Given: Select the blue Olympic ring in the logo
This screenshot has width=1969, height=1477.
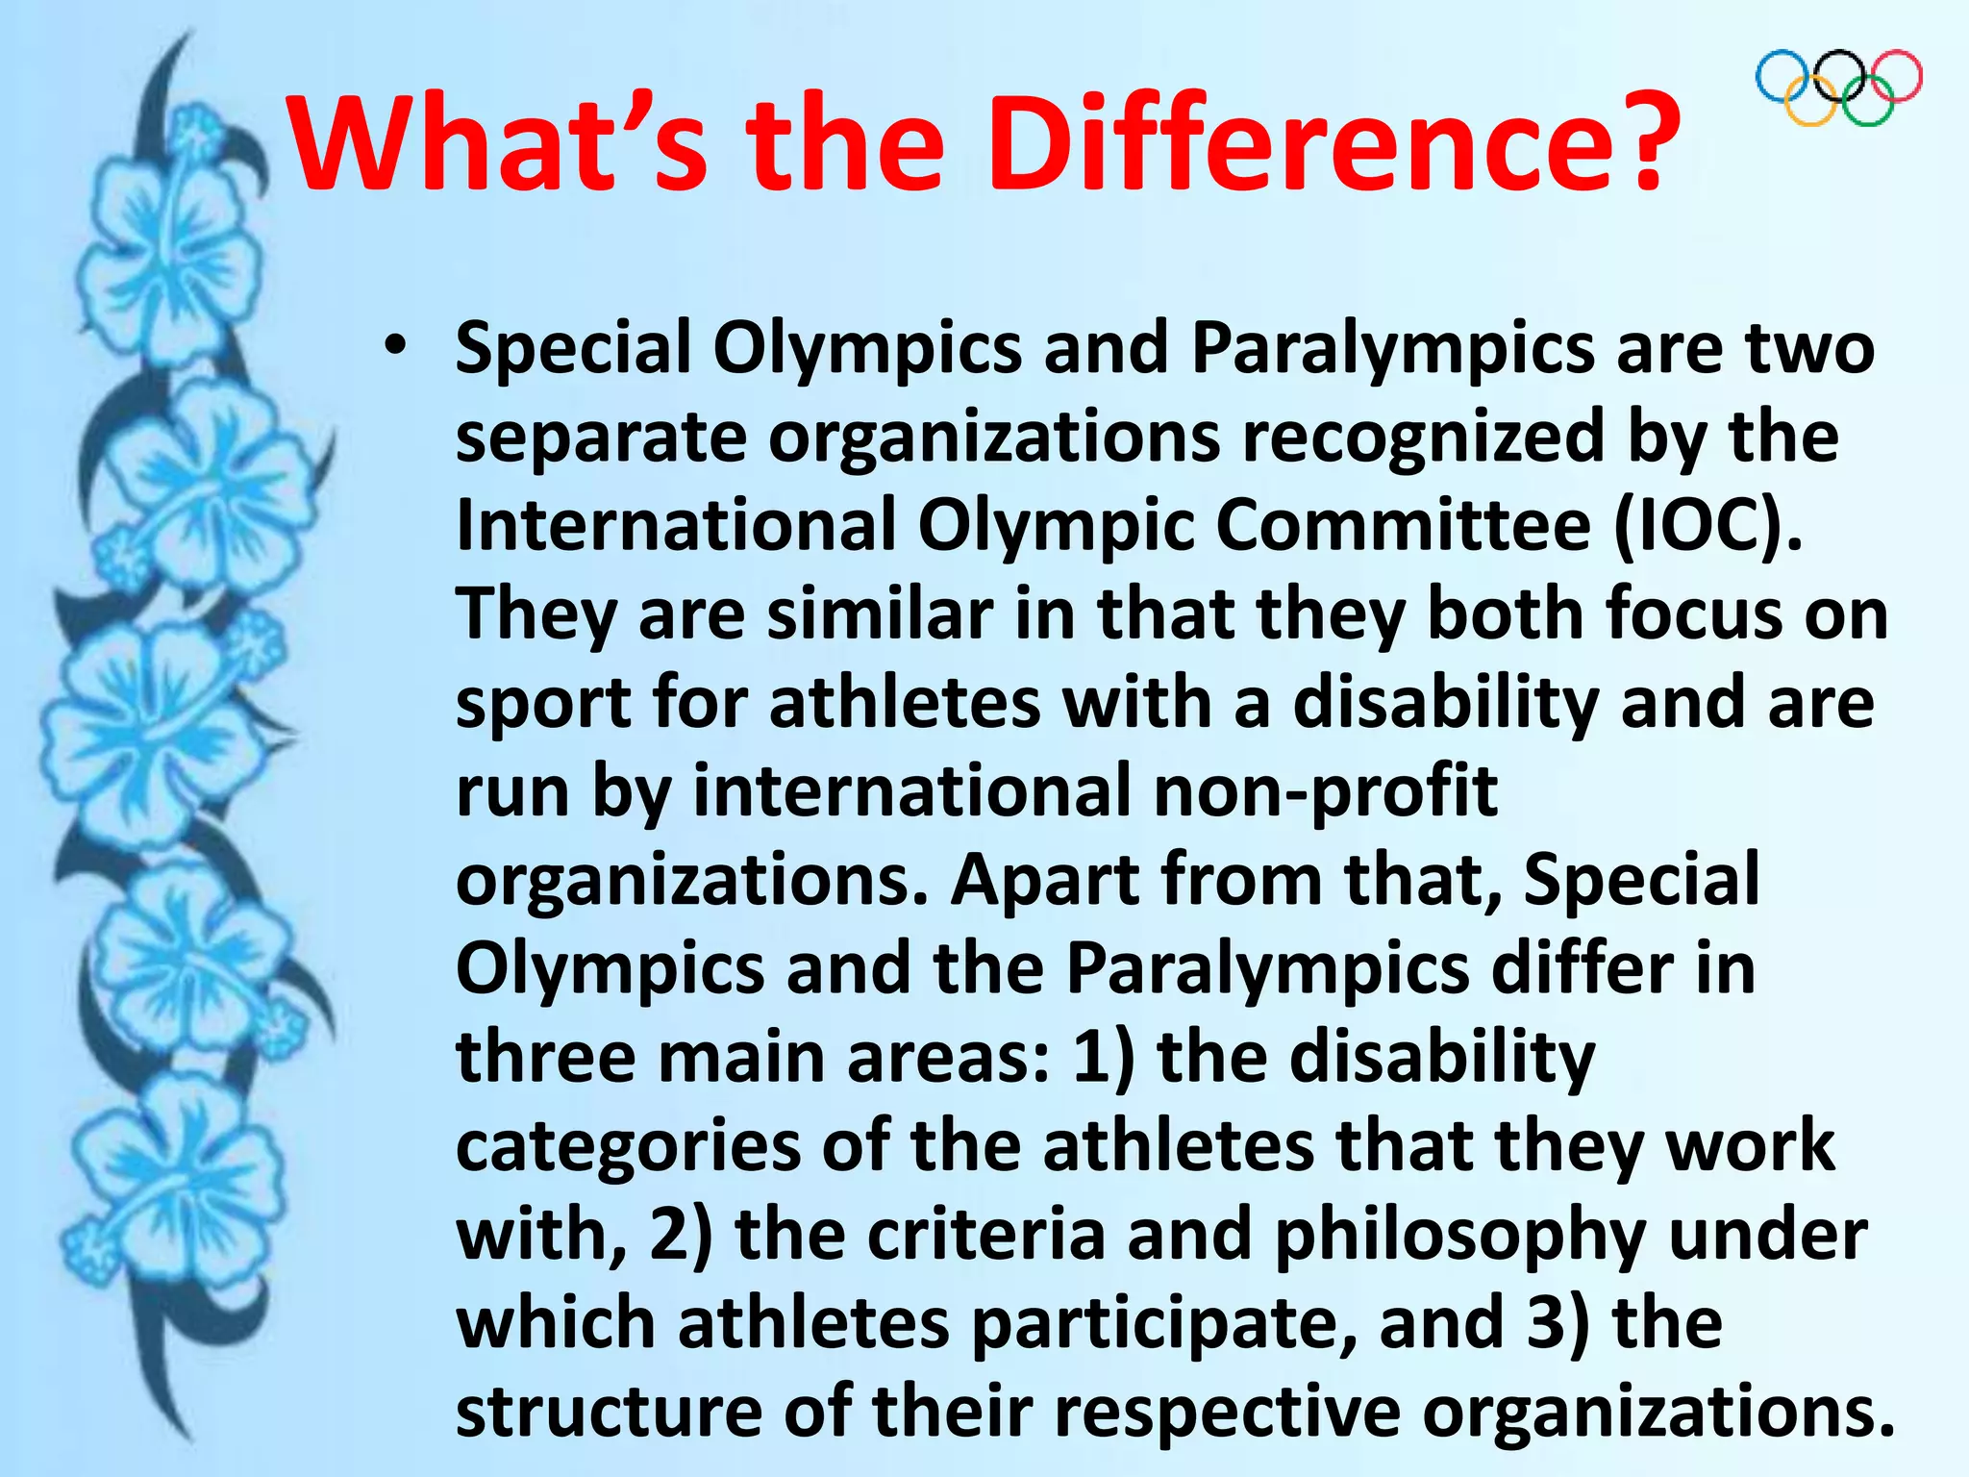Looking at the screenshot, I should (x=1784, y=77).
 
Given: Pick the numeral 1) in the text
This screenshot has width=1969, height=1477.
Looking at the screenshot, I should (x=1104, y=1058).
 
